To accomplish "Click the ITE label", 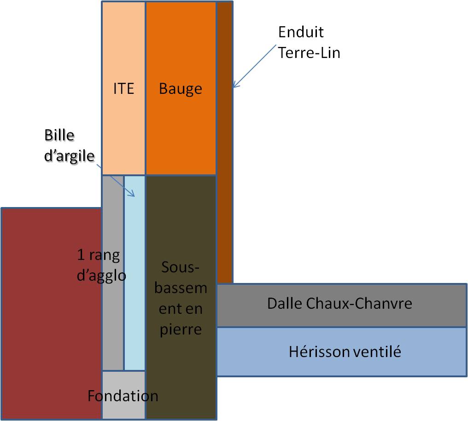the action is [123, 88].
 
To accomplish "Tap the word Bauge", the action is [180, 88].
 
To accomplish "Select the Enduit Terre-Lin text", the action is [309, 42].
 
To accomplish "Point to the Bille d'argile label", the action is [69, 145].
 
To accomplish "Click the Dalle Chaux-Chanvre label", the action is [339, 304].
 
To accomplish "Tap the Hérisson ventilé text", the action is [345, 352].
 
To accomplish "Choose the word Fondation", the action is [123, 396].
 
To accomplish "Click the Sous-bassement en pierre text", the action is [181, 298].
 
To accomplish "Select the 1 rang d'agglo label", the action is [101, 265].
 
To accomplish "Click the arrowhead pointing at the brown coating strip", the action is [234, 86].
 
